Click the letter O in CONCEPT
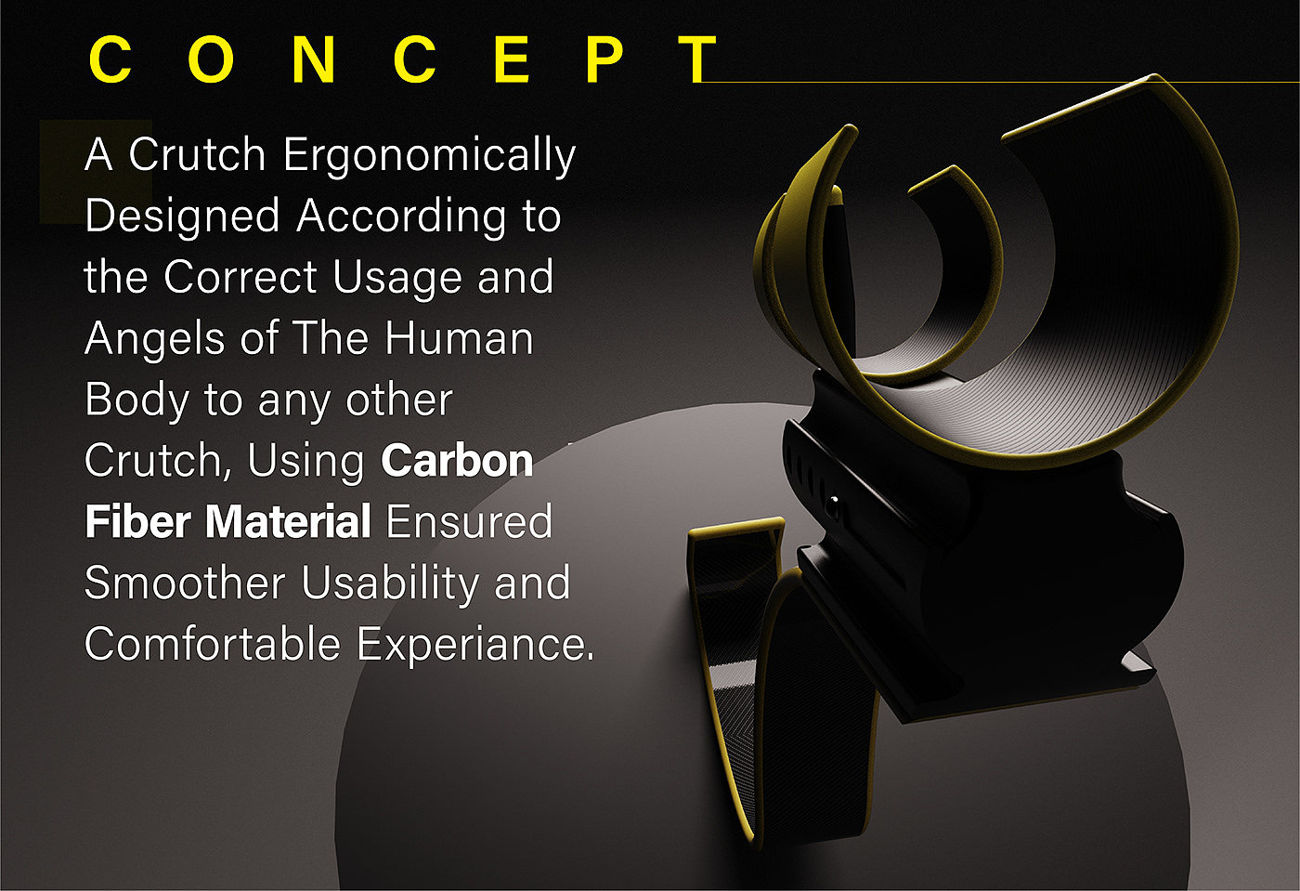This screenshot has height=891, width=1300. coord(212,59)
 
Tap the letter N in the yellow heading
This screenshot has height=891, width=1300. coord(314,59)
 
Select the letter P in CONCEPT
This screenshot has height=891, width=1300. coord(605,59)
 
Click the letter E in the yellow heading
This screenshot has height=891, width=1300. coord(512,59)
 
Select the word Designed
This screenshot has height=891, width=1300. coord(182,217)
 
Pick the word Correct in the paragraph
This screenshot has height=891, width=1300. coord(240,277)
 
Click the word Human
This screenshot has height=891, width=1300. coord(459,338)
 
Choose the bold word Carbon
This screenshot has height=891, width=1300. coord(457,460)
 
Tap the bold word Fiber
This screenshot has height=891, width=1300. coord(138,521)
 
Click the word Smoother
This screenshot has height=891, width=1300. coord(185,583)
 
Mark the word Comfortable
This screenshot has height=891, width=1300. coord(213,644)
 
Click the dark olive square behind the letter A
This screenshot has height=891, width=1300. coord(96,172)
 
